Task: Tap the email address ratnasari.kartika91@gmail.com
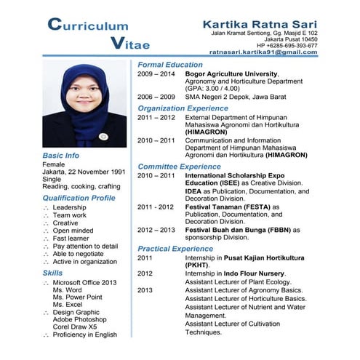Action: [263, 52]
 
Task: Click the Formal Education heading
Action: [170, 65]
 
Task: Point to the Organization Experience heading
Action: [183, 108]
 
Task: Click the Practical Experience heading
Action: [175, 249]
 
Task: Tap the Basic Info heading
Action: [61, 156]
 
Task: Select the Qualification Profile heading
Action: [79, 198]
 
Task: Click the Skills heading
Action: [52, 273]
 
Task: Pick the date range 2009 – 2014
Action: [156, 74]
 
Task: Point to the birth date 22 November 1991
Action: [96, 172]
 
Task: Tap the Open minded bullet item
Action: [73, 231]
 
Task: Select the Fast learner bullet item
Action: [71, 239]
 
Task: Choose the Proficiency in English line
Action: [84, 335]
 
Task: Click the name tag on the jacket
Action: [103, 136]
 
